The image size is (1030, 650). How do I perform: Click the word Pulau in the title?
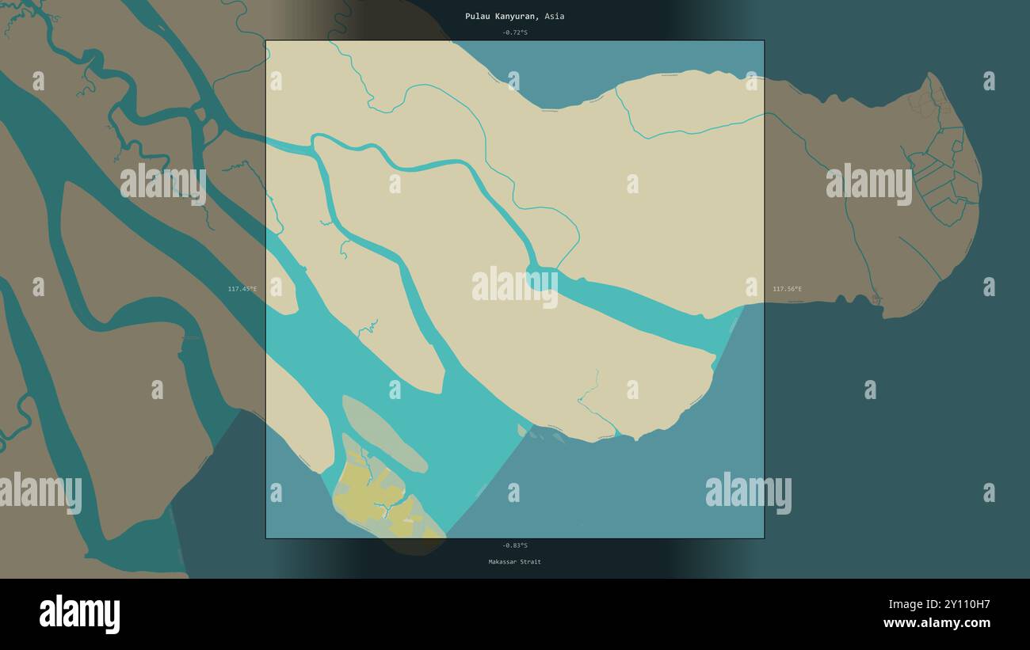(477, 16)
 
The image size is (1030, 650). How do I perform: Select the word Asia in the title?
(555, 16)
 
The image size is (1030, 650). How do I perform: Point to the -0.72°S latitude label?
(514, 32)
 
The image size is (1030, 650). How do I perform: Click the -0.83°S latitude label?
(514, 545)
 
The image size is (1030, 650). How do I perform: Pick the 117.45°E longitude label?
(242, 289)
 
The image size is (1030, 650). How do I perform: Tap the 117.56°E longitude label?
(787, 289)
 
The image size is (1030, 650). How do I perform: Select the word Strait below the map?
(531, 562)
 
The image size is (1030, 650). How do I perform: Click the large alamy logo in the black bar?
(79, 614)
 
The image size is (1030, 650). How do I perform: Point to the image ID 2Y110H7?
(959, 604)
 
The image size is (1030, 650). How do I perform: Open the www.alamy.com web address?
(937, 623)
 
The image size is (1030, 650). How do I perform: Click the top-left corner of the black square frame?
(265, 40)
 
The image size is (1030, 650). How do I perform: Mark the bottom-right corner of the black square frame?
(764, 538)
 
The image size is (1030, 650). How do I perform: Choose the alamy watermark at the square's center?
(514, 286)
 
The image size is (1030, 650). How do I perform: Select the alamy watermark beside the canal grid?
(868, 184)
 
